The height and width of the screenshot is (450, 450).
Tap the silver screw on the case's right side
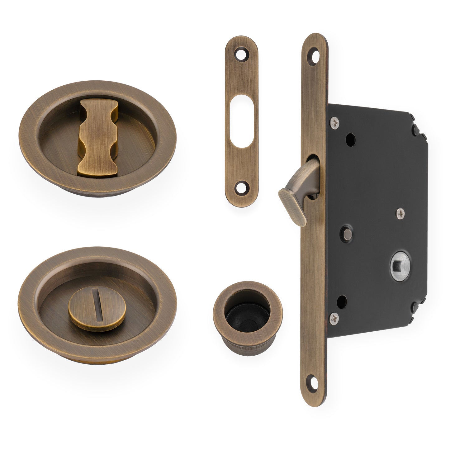[x=400, y=213]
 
